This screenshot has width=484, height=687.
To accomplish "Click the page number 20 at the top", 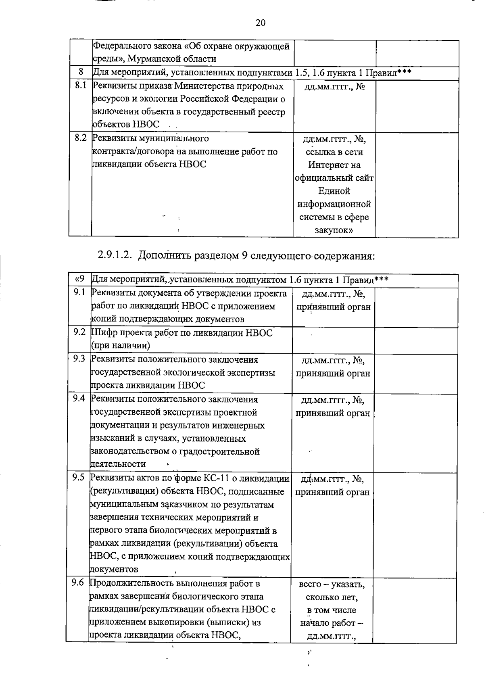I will tap(261, 23).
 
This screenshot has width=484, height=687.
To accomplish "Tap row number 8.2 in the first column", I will tap(81, 138).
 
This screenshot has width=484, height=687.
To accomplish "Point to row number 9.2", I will tap(79, 332).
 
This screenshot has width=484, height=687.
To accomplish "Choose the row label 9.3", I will tap(79, 358).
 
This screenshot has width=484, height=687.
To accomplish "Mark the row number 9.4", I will tap(78, 398).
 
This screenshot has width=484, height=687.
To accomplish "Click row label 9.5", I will tap(78, 477).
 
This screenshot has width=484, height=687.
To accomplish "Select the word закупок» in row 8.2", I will tap(334, 230).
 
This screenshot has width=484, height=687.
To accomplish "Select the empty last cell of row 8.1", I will tap(417, 105).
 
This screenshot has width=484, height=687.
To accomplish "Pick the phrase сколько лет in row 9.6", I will tap(332, 597).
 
